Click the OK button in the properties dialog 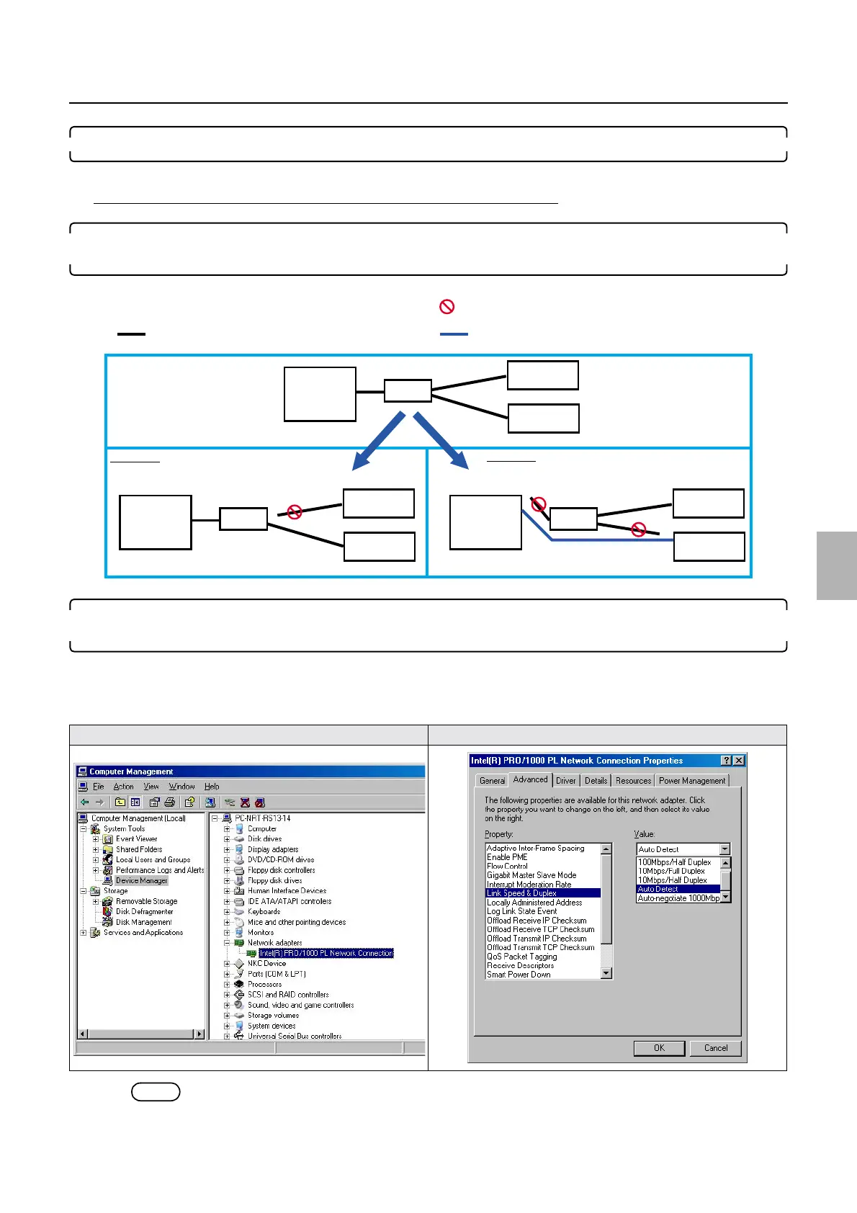coord(659,1048)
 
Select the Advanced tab coord(530,779)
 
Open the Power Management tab coord(692,780)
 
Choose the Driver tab coord(565,780)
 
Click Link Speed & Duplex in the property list coord(522,893)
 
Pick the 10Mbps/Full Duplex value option coord(671,871)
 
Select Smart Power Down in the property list coord(519,975)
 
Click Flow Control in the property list coord(507,867)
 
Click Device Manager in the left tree coord(141,880)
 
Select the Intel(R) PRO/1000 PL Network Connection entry coord(326,953)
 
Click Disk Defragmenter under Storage coord(144,911)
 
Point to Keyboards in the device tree coord(264,911)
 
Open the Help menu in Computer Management coord(212,787)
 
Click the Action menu coord(123,787)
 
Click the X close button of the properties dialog coord(739,761)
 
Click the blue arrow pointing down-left coord(380,439)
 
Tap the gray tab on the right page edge coord(837,565)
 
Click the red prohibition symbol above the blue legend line coord(447,307)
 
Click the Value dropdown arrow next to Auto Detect coord(724,849)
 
